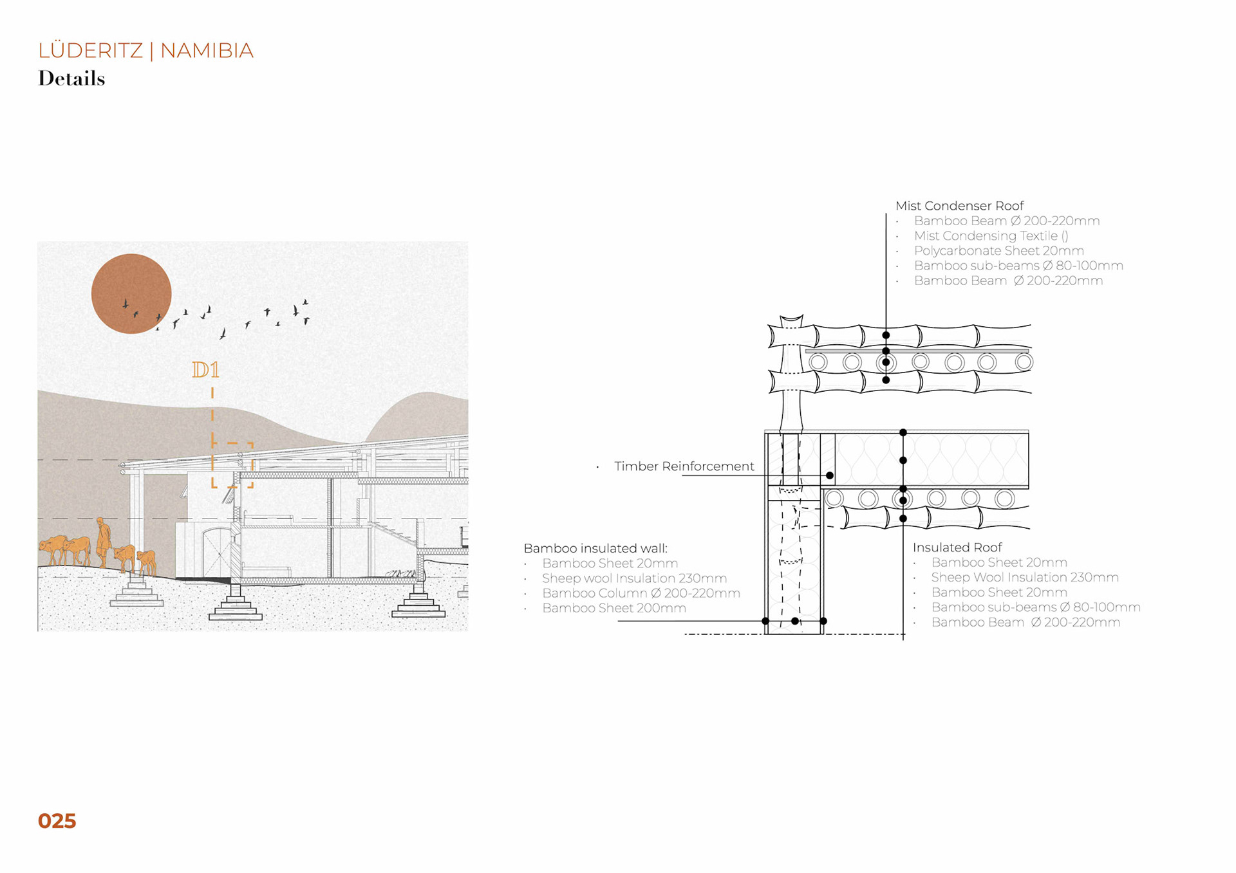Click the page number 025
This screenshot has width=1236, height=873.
(57, 821)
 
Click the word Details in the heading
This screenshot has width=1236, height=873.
(71, 78)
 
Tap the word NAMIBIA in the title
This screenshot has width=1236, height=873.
(207, 50)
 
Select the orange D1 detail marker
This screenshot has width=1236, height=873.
(206, 370)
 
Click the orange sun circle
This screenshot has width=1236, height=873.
(131, 293)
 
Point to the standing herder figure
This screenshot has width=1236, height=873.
(103, 542)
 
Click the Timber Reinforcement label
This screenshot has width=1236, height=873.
(684, 466)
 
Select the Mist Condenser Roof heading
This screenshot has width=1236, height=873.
(959, 206)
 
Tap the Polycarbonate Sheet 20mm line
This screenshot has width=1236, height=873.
(998, 251)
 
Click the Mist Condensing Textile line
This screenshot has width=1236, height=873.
(991, 236)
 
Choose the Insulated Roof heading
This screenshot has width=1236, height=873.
(957, 547)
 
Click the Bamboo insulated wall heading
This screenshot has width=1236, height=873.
(595, 548)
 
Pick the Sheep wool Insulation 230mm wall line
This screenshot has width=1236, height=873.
(634, 578)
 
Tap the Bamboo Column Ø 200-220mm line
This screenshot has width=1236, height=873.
(641, 593)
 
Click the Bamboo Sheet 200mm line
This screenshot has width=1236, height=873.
(613, 608)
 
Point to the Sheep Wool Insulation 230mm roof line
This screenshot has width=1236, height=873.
(1024, 578)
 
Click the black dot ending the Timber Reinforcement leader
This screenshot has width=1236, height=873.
(830, 475)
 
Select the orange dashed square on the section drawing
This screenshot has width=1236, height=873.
(232, 464)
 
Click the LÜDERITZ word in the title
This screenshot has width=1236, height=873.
(90, 50)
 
